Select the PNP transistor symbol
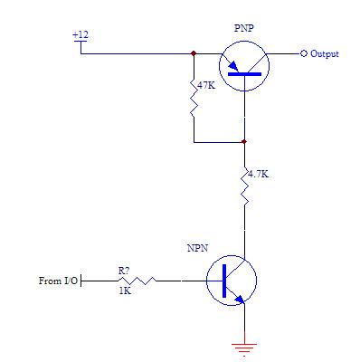click(244, 67)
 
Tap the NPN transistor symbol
click(232, 281)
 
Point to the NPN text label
click(197, 246)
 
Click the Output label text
click(325, 54)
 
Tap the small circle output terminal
click(304, 53)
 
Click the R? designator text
click(124, 269)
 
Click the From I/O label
click(57, 281)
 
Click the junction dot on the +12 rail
click(194, 53)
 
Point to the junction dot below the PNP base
click(244, 141)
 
